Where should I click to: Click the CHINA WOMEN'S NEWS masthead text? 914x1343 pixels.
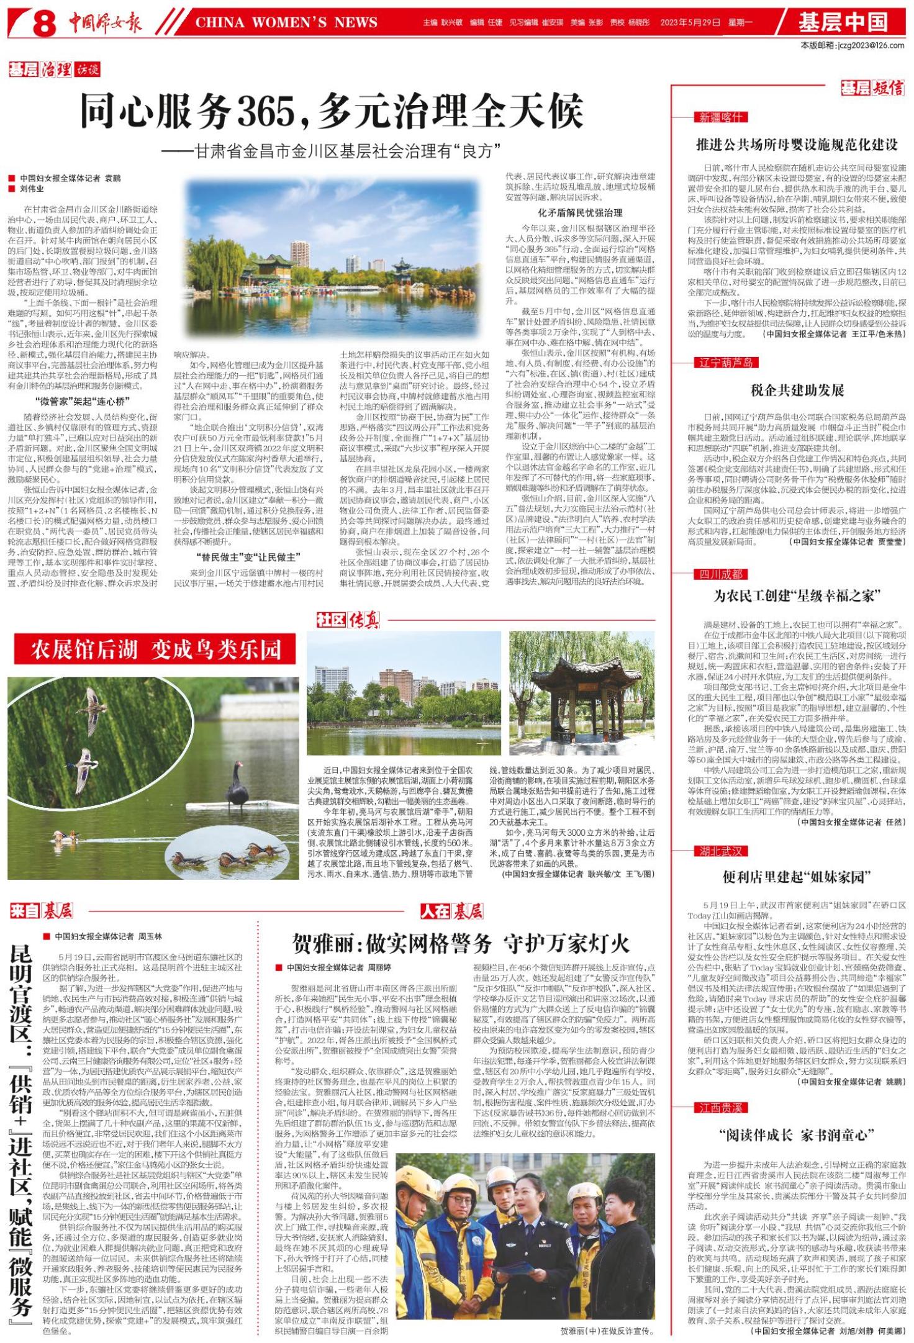286,23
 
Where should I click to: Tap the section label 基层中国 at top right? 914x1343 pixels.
843,22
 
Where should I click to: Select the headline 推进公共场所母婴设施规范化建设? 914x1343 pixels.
797,145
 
